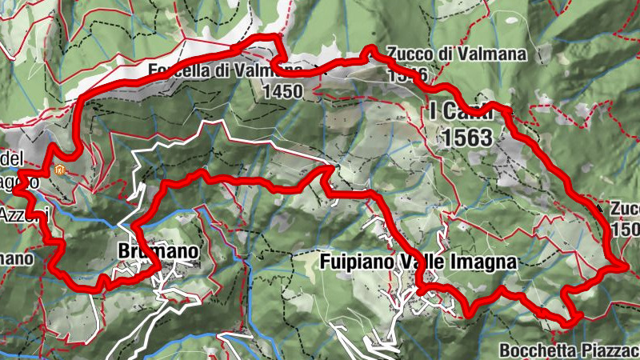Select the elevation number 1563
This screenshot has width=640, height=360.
[466, 137]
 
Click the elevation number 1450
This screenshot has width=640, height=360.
[282, 91]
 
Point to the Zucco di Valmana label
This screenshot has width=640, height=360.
[456, 54]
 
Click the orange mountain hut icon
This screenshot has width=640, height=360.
[59, 170]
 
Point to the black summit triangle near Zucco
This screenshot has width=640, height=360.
[600, 208]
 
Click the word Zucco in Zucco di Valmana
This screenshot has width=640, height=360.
[405, 54]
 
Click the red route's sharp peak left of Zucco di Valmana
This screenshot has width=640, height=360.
[370, 50]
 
